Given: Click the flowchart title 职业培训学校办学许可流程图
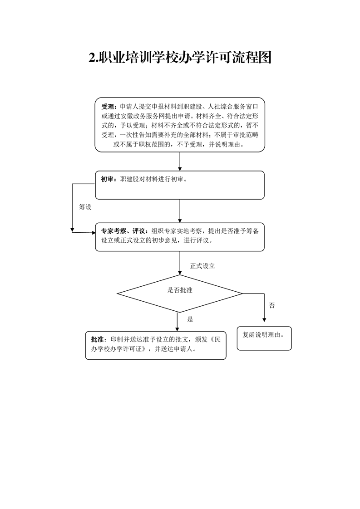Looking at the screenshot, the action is (x=185, y=58).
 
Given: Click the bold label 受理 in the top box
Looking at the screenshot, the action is (x=108, y=107).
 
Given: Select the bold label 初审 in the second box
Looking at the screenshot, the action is (x=107, y=179).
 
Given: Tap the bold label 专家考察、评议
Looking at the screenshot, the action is (x=123, y=231).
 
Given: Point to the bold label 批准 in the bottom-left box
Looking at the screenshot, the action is (x=97, y=339).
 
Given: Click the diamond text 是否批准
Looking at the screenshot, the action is (x=180, y=290).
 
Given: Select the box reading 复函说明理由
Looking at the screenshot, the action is (x=264, y=338).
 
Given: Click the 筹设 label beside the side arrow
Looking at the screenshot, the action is (x=85, y=207).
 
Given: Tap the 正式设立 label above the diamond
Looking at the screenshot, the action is (x=202, y=266).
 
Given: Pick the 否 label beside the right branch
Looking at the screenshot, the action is (x=271, y=305).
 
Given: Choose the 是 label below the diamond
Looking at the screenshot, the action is (x=190, y=319).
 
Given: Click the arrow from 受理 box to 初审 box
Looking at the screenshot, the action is (x=180, y=162).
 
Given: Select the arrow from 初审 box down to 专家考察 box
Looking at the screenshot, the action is (x=180, y=211).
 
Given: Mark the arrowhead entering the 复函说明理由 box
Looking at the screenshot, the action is (x=264, y=320).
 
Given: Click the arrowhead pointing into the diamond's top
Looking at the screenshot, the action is (x=180, y=273).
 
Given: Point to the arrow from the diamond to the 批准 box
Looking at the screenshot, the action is (x=177, y=322).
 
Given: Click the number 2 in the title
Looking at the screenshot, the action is (x=92, y=58).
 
